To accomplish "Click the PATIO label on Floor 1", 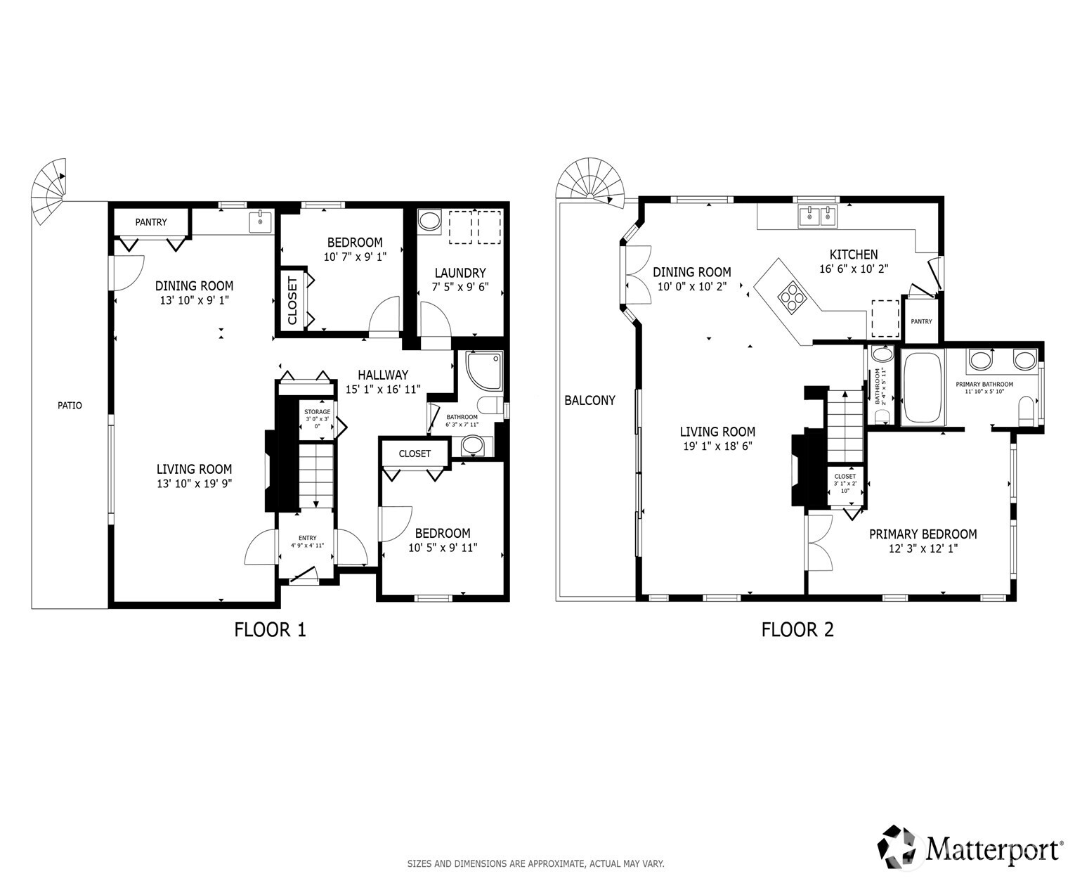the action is (x=70, y=406).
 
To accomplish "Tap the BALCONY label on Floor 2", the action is (x=589, y=401).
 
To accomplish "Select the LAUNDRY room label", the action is (x=460, y=273).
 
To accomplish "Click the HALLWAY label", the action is (x=383, y=375).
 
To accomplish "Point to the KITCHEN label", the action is (x=854, y=255).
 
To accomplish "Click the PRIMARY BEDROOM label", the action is (x=923, y=534).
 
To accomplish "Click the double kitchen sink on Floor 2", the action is (x=818, y=216).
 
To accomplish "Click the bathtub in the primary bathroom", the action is (x=923, y=387).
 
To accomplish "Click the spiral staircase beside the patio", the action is (x=48, y=191).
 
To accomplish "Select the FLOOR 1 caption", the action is (x=270, y=630).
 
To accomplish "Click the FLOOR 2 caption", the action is (x=797, y=630).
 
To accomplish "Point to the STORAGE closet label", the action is (x=317, y=412).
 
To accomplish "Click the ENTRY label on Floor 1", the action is (x=307, y=538).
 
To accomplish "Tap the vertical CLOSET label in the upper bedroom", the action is (x=292, y=300).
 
